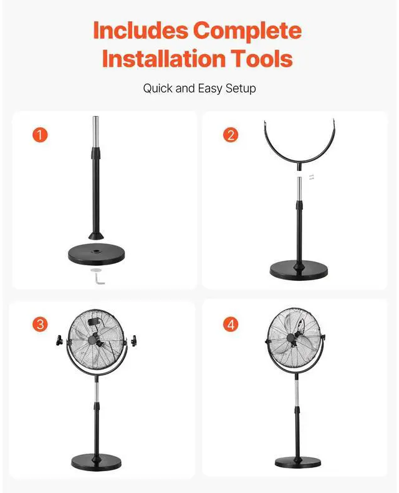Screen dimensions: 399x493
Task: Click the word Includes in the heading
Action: click(141, 30)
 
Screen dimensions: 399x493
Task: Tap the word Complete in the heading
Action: click(248, 31)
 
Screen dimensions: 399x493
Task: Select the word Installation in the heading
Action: click(164, 59)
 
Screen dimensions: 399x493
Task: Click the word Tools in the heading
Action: click(262, 59)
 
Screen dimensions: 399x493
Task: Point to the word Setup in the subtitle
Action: click(241, 89)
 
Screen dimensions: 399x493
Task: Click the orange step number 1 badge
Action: click(40, 135)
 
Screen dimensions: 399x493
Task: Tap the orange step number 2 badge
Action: click(231, 135)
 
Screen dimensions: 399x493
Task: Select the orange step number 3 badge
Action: click(41, 324)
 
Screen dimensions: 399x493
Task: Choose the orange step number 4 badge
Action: click(231, 324)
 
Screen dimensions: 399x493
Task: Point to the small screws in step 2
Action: click(311, 177)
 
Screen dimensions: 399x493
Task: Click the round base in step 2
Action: click(299, 270)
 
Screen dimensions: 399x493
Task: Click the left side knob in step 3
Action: click(59, 341)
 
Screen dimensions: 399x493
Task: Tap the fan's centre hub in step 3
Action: click(93, 339)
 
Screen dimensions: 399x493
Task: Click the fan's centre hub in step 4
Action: click(292, 338)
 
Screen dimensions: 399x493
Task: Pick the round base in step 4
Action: click(298, 462)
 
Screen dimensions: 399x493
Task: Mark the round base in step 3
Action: click(97, 461)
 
